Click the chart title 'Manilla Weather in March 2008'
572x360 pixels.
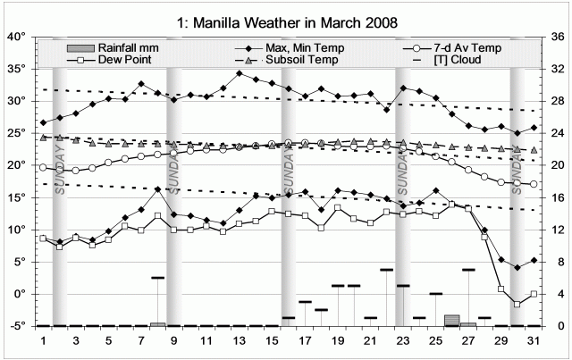pos(286,18)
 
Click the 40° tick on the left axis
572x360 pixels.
pos(18,38)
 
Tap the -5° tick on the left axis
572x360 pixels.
pos(18,326)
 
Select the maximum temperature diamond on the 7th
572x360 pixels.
pos(141,84)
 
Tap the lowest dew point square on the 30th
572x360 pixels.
pos(517,305)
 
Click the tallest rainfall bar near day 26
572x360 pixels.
pos(451,320)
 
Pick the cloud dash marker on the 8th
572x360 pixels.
pos(158,278)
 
